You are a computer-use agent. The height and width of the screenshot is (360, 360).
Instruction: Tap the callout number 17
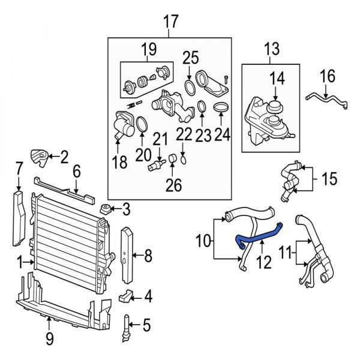click(x=171, y=22)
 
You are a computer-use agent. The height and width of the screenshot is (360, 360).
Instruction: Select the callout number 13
click(x=272, y=49)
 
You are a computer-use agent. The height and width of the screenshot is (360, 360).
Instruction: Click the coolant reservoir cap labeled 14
click(x=275, y=106)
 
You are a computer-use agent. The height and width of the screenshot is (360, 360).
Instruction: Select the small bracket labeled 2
click(x=40, y=158)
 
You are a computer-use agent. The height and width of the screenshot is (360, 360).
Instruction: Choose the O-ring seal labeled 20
click(x=142, y=125)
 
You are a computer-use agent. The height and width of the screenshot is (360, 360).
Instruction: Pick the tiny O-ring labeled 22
click(x=184, y=160)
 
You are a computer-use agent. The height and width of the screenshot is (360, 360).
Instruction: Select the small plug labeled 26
click(x=173, y=158)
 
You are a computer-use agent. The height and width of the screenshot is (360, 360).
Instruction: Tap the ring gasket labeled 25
click(x=190, y=88)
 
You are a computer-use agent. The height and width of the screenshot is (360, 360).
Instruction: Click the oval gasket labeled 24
click(x=221, y=108)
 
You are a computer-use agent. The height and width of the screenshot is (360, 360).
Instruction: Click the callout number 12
click(x=264, y=262)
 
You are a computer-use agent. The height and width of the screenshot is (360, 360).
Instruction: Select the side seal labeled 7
click(x=19, y=218)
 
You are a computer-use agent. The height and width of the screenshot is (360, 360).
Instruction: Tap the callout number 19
click(x=149, y=49)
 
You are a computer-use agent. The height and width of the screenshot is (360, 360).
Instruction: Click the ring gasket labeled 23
click(x=202, y=107)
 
